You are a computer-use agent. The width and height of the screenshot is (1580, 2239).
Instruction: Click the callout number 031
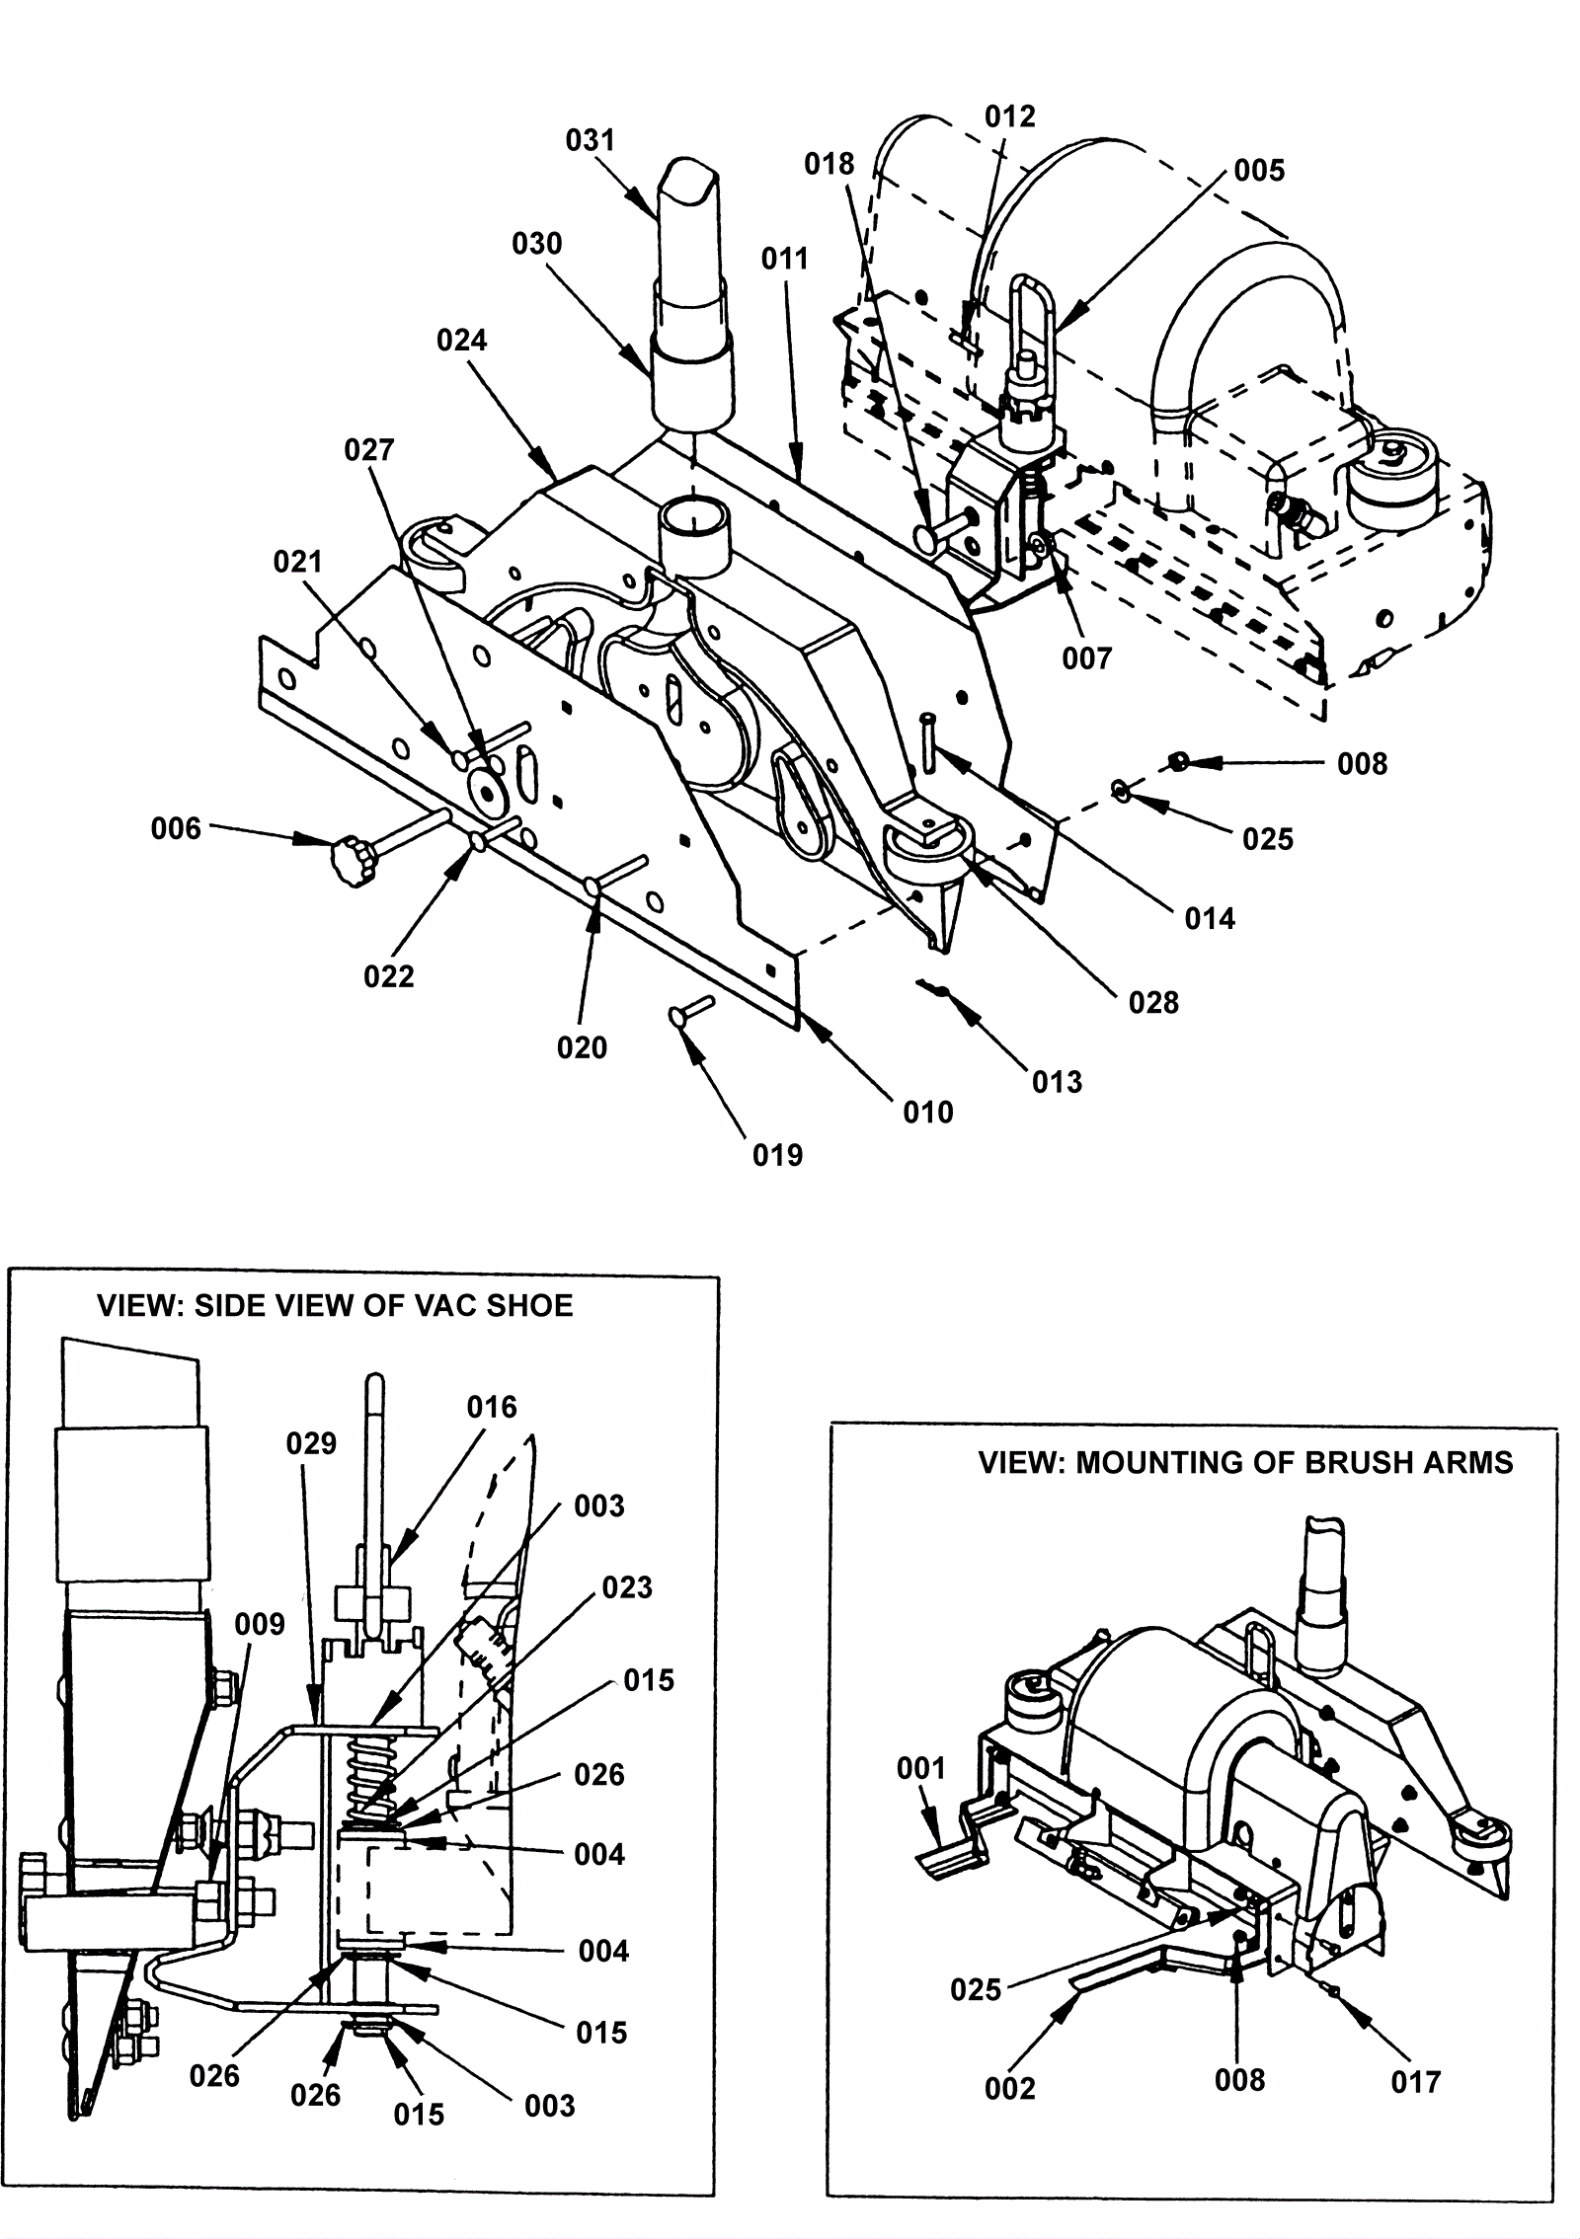590,140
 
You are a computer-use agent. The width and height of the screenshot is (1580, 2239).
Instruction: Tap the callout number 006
176,829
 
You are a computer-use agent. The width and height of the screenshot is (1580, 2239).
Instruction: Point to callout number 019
778,1156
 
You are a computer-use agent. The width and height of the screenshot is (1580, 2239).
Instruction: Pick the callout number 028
1153,1004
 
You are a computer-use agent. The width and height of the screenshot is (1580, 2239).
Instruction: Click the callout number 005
1259,171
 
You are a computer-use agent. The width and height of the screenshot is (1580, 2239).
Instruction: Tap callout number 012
1010,116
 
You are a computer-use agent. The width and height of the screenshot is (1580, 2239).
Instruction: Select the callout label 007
1087,658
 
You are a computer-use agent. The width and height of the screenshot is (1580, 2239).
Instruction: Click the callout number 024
462,341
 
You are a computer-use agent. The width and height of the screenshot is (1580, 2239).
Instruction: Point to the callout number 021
298,562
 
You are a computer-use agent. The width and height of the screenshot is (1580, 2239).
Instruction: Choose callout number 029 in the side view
312,1443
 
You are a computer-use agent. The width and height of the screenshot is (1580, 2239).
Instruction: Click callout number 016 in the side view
492,1407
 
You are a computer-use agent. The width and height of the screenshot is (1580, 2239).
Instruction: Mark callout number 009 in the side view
260,1624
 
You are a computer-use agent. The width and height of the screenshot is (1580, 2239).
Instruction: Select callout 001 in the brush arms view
921,1768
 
